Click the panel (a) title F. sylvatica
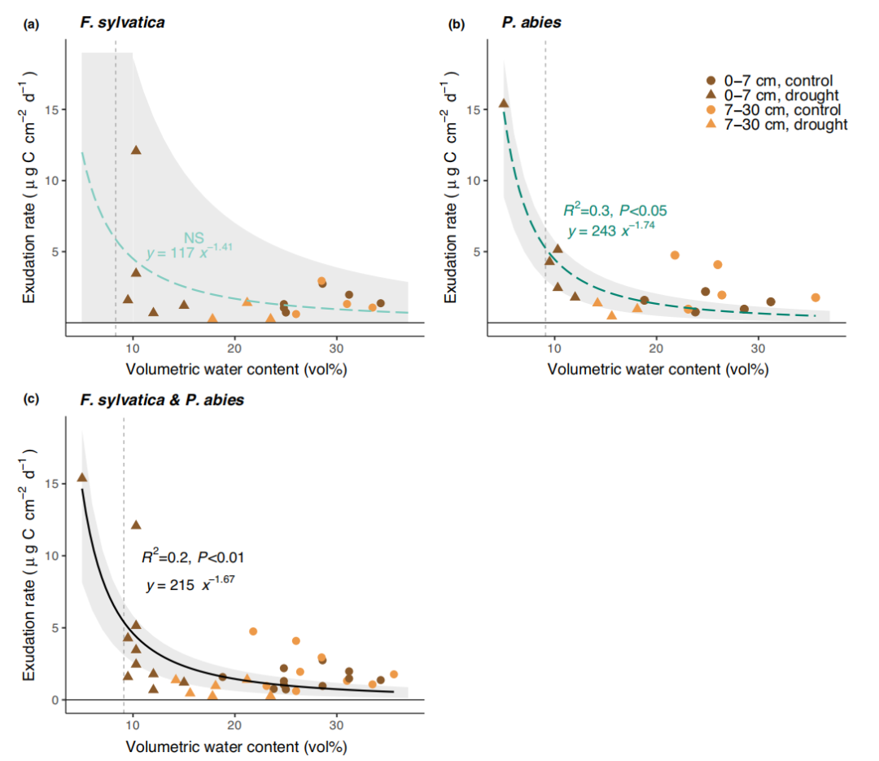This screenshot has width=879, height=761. pyautogui.click(x=122, y=22)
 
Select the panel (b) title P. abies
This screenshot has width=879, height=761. pyautogui.click(x=532, y=23)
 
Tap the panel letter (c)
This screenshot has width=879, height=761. pyautogui.click(x=31, y=401)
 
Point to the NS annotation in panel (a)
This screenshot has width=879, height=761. pyautogui.click(x=194, y=238)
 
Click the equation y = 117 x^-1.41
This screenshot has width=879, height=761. pyautogui.click(x=190, y=252)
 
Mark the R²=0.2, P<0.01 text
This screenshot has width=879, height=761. pyautogui.click(x=193, y=558)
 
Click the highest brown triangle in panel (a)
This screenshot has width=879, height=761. pyautogui.click(x=136, y=150)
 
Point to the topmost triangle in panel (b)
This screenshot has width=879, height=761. pyautogui.click(x=504, y=103)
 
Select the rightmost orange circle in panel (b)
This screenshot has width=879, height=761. pyautogui.click(x=816, y=297)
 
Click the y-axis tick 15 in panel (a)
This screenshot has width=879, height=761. pyautogui.click(x=57, y=110)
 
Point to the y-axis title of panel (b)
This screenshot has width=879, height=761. pyautogui.click(x=450, y=192)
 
